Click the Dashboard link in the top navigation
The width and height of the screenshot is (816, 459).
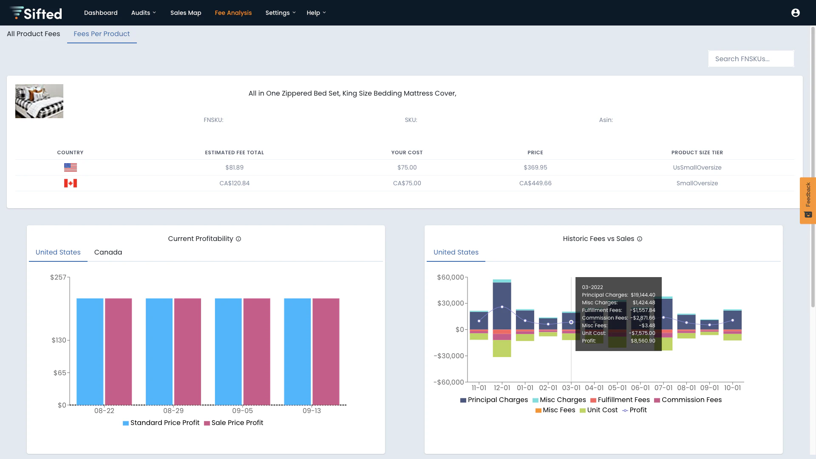(101, 13)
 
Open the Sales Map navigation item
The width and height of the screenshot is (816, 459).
(186, 13)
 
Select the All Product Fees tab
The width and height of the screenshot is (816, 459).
(34, 34)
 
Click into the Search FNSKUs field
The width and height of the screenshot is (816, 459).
(751, 59)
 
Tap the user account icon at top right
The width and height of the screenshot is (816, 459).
(796, 13)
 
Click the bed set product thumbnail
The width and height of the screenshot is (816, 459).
(39, 101)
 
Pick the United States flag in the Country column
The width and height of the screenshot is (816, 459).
(71, 167)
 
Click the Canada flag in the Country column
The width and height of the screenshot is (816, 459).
(71, 183)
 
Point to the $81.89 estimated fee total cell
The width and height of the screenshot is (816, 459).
(235, 167)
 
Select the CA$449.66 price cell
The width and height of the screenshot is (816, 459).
(535, 183)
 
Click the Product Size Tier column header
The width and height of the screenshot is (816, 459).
(697, 153)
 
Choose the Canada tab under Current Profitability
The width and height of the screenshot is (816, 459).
(108, 252)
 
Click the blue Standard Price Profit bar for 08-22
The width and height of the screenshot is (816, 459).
(90, 351)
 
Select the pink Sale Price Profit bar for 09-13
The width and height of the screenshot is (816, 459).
(326, 351)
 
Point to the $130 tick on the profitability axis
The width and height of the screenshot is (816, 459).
(59, 340)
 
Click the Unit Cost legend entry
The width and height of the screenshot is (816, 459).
(599, 410)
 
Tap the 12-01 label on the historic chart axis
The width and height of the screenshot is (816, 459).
(502, 388)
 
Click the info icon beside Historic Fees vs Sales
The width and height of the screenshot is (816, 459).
(640, 239)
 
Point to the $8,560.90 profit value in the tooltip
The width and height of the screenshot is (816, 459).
(643, 341)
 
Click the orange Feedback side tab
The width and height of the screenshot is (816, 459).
(807, 200)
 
